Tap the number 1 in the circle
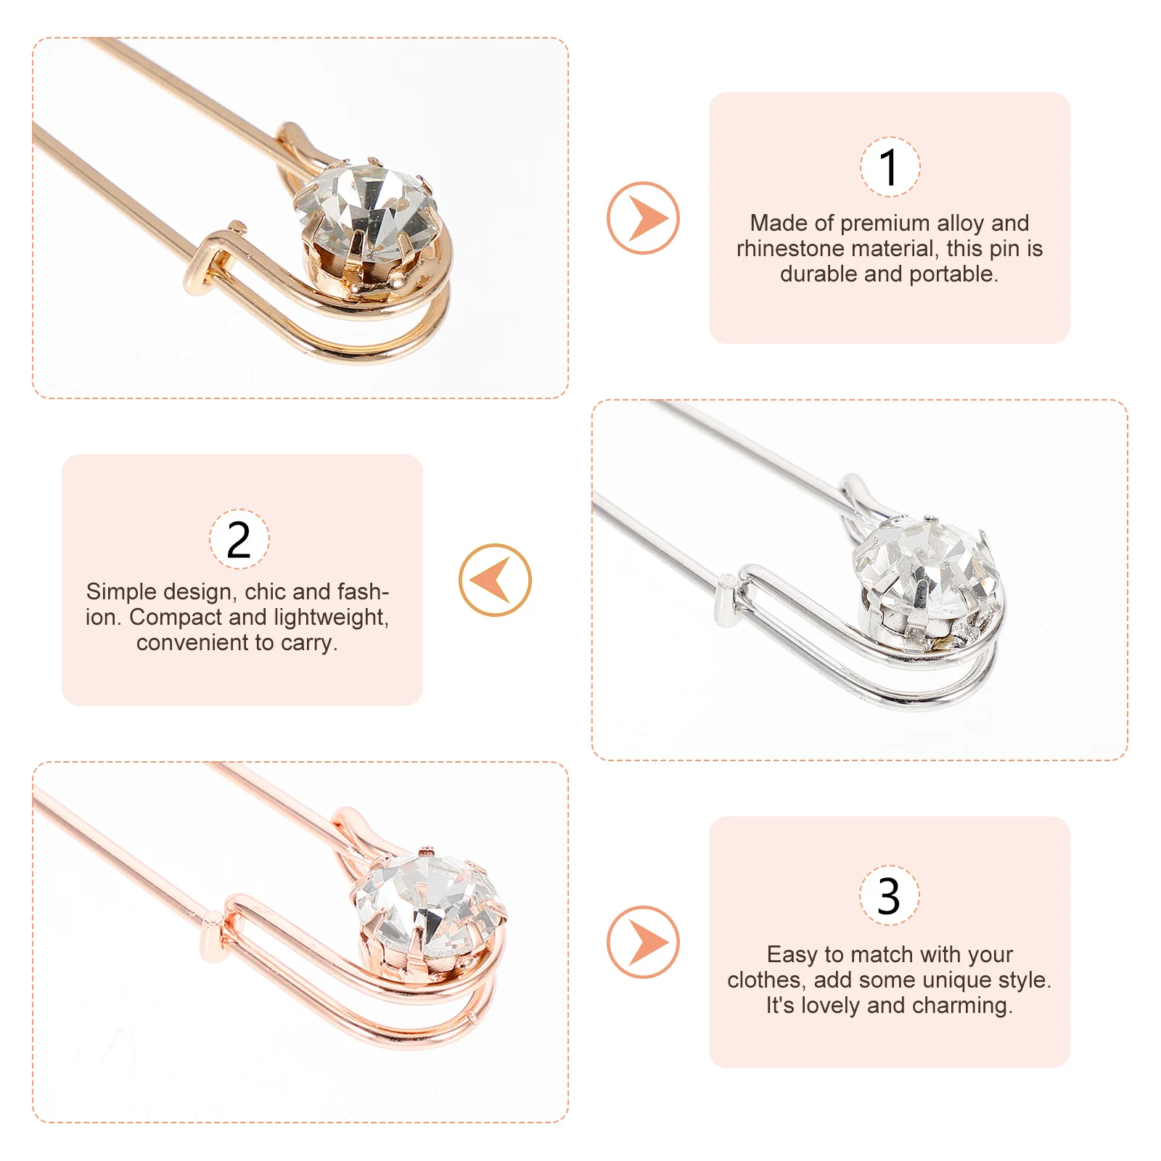(890, 168)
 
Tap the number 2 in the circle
(239, 540)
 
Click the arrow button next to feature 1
(643, 218)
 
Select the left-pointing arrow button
(495, 580)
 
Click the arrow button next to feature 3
(643, 942)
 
